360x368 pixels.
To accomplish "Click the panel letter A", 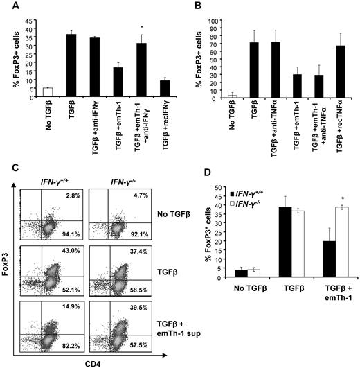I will [6, 6].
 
